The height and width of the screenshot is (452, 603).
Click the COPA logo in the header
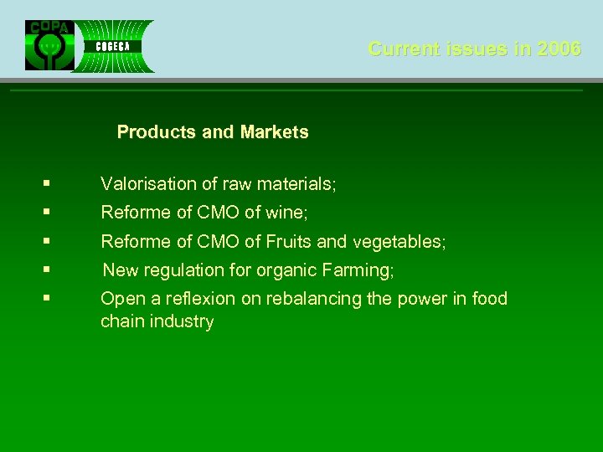(x=49, y=45)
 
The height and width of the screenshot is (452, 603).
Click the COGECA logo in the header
(x=112, y=46)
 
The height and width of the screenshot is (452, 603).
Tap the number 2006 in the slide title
(x=559, y=49)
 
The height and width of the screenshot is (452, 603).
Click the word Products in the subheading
(x=157, y=132)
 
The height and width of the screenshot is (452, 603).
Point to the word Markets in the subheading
(x=274, y=132)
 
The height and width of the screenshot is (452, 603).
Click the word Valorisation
(x=147, y=184)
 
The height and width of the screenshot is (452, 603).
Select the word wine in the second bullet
(x=287, y=213)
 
